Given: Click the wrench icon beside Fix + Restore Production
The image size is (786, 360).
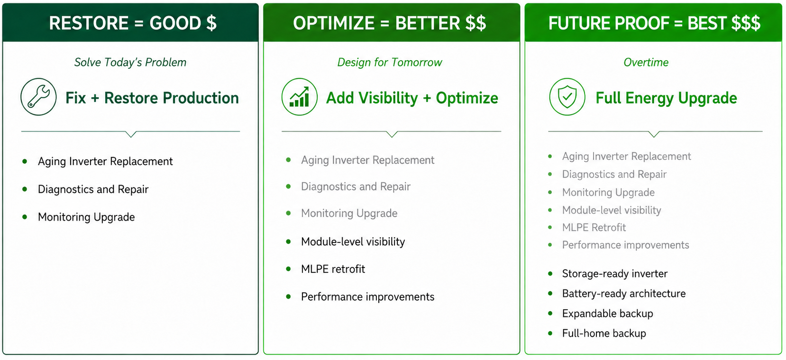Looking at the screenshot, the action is click(38, 97).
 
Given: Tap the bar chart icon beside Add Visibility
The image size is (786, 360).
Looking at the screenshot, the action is click(299, 97).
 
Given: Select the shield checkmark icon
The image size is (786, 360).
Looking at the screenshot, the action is click(567, 97).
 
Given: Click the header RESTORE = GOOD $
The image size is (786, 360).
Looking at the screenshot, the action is click(133, 23).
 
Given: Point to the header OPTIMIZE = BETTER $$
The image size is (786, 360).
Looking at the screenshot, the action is click(390, 23).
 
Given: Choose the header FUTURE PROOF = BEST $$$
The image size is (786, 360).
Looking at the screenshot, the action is click(654, 23).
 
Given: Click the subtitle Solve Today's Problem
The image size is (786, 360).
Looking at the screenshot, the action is click(130, 62).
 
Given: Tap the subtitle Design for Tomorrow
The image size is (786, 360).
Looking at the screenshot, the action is click(390, 62).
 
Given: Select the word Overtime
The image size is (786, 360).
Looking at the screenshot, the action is click(646, 62).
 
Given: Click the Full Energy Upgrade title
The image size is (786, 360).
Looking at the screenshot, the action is click(667, 98).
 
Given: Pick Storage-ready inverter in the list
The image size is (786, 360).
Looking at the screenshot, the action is click(615, 274).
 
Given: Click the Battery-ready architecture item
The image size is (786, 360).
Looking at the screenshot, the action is click(624, 294).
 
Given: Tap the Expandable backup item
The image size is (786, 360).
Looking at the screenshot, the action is click(607, 314).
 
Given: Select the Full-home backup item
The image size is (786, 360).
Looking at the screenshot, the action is click(604, 333).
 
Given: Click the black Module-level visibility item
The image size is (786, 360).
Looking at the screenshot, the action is click(353, 241).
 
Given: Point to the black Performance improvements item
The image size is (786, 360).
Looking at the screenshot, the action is click(368, 297).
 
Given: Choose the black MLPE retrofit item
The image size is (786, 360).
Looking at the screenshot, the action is click(333, 269).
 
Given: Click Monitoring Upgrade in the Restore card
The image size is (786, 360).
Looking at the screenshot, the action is click(86, 217).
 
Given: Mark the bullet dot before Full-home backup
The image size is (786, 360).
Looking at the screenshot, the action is click(550, 333).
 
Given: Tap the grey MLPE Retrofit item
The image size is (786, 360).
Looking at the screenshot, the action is click(594, 228).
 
